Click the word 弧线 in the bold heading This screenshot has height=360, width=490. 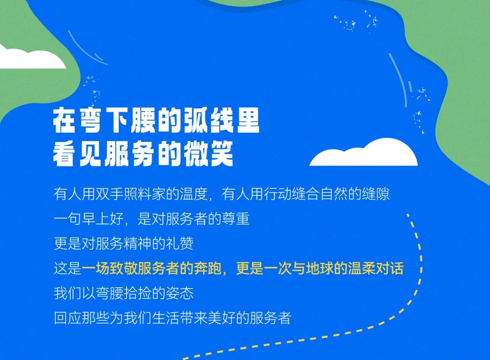click(208, 121)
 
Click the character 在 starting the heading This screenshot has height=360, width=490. click(65, 121)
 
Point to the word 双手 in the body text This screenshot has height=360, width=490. click(110, 194)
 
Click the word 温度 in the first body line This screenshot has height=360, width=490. click(194, 194)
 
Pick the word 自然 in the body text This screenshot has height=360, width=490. click(334, 194)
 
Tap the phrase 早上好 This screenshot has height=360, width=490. click(103, 219)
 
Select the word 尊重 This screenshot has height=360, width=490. click(235, 219)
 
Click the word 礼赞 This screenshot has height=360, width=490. click(180, 243)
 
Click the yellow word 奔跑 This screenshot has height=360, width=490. click(208, 268)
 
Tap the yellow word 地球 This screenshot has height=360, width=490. click(320, 268)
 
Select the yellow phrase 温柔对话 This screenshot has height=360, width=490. click(376, 268)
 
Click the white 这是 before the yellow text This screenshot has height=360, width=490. click(68, 268)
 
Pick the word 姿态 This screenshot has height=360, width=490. click(180, 293)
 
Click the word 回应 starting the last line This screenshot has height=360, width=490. click(68, 318)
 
